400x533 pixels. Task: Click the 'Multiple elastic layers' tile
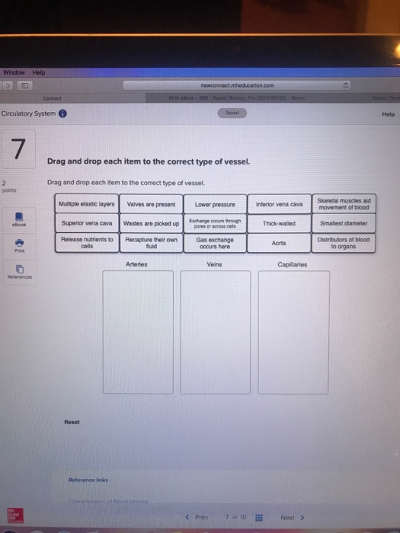click(x=86, y=204)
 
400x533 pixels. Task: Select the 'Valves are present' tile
click(x=151, y=204)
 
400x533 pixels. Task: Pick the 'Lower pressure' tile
click(x=214, y=205)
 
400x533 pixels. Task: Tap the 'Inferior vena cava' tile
click(x=279, y=204)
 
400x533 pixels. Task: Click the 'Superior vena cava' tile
click(x=86, y=223)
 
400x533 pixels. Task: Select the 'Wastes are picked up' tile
click(x=151, y=224)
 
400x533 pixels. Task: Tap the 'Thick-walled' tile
click(x=279, y=224)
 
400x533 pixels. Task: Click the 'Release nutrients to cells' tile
click(x=86, y=243)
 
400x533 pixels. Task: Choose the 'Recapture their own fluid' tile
click(x=151, y=243)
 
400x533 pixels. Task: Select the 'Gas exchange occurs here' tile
click(x=214, y=243)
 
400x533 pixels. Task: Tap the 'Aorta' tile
click(x=279, y=243)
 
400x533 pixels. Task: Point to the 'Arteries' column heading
click(x=136, y=264)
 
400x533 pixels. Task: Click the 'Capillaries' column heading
click(x=293, y=264)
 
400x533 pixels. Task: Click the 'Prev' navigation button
click(x=198, y=517)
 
